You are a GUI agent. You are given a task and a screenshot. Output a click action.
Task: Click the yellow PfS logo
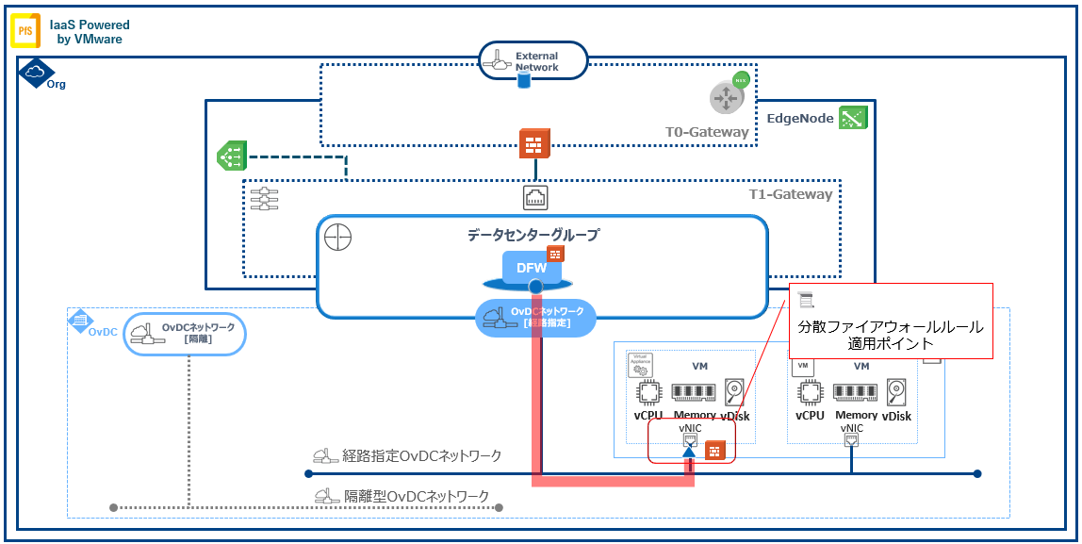[25, 31]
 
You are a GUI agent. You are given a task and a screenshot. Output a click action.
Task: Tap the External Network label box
[533, 61]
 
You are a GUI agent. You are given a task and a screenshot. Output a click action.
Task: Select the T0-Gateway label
[707, 132]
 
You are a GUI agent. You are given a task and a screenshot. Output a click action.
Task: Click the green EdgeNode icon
[854, 118]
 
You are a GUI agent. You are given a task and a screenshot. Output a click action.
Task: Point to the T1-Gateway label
[789, 194]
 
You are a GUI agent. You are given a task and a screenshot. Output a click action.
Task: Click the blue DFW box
[532, 268]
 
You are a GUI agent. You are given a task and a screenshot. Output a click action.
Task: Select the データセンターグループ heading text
[533, 235]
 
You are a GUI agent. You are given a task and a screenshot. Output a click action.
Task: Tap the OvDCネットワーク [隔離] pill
[185, 333]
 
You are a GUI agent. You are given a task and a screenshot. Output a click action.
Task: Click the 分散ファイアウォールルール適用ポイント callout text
[890, 335]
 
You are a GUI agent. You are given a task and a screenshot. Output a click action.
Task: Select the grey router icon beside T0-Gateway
[728, 96]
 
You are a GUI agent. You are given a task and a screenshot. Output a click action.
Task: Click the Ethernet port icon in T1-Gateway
[535, 197]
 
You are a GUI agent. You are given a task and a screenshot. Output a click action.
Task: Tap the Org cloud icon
[36, 72]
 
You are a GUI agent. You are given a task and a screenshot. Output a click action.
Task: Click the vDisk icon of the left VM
[735, 391]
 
